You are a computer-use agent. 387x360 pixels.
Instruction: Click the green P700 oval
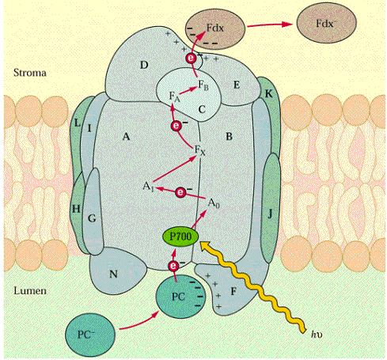180,237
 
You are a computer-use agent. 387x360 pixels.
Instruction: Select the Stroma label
30,73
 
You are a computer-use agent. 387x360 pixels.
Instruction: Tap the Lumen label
30,290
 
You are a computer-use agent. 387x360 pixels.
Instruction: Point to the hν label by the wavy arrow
317,334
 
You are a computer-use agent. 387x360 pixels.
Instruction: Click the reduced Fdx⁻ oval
326,23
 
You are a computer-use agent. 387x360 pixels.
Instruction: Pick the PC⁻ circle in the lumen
90,335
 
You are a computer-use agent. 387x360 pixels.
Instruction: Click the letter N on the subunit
113,275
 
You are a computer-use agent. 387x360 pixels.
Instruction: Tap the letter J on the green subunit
270,214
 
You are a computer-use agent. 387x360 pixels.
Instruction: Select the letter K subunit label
268,94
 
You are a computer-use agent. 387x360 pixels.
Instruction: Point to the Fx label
199,150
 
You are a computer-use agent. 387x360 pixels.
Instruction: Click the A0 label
214,203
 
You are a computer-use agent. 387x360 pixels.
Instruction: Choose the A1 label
148,187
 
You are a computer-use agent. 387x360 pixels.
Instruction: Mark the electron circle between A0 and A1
180,192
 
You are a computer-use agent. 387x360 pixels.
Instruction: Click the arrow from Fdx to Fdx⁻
270,25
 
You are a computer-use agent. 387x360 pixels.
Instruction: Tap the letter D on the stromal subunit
144,65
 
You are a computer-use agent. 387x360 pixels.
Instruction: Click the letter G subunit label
92,218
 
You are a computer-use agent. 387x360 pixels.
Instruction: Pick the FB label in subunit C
203,85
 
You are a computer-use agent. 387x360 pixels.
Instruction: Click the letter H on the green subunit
76,209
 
